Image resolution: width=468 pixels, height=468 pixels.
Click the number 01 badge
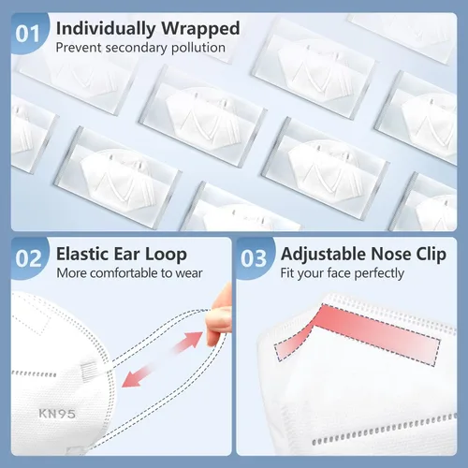28,34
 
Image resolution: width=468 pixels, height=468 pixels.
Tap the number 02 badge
28,258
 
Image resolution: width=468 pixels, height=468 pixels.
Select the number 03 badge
254,258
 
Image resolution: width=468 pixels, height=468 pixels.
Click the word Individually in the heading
106,29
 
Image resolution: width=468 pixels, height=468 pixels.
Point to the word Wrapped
200,29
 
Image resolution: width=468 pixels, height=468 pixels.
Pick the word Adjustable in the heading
323,255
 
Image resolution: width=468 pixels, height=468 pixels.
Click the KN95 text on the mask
57,414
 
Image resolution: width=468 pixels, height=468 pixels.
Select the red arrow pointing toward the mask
137,376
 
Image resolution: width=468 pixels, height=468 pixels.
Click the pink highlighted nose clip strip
358,335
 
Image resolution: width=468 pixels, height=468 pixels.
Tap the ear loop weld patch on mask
89,370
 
